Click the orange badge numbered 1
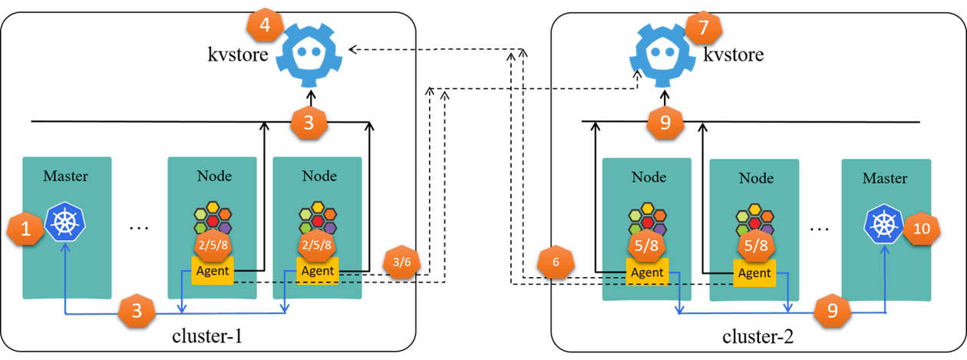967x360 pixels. [26, 229]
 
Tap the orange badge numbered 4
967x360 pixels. [265, 25]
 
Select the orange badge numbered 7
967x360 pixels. [703, 28]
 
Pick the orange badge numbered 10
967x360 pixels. [922, 229]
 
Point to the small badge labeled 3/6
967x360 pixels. [401, 262]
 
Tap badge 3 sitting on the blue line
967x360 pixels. [137, 312]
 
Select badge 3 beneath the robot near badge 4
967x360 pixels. [309, 123]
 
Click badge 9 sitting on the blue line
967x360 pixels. [832, 309]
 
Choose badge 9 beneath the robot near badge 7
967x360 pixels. [665, 123]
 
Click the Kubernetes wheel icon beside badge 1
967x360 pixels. [65, 222]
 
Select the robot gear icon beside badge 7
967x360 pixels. [662, 55]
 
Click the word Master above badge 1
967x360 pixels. [65, 176]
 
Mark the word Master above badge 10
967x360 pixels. [885, 178]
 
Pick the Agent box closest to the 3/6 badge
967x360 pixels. [317, 270]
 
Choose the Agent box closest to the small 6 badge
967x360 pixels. [647, 272]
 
